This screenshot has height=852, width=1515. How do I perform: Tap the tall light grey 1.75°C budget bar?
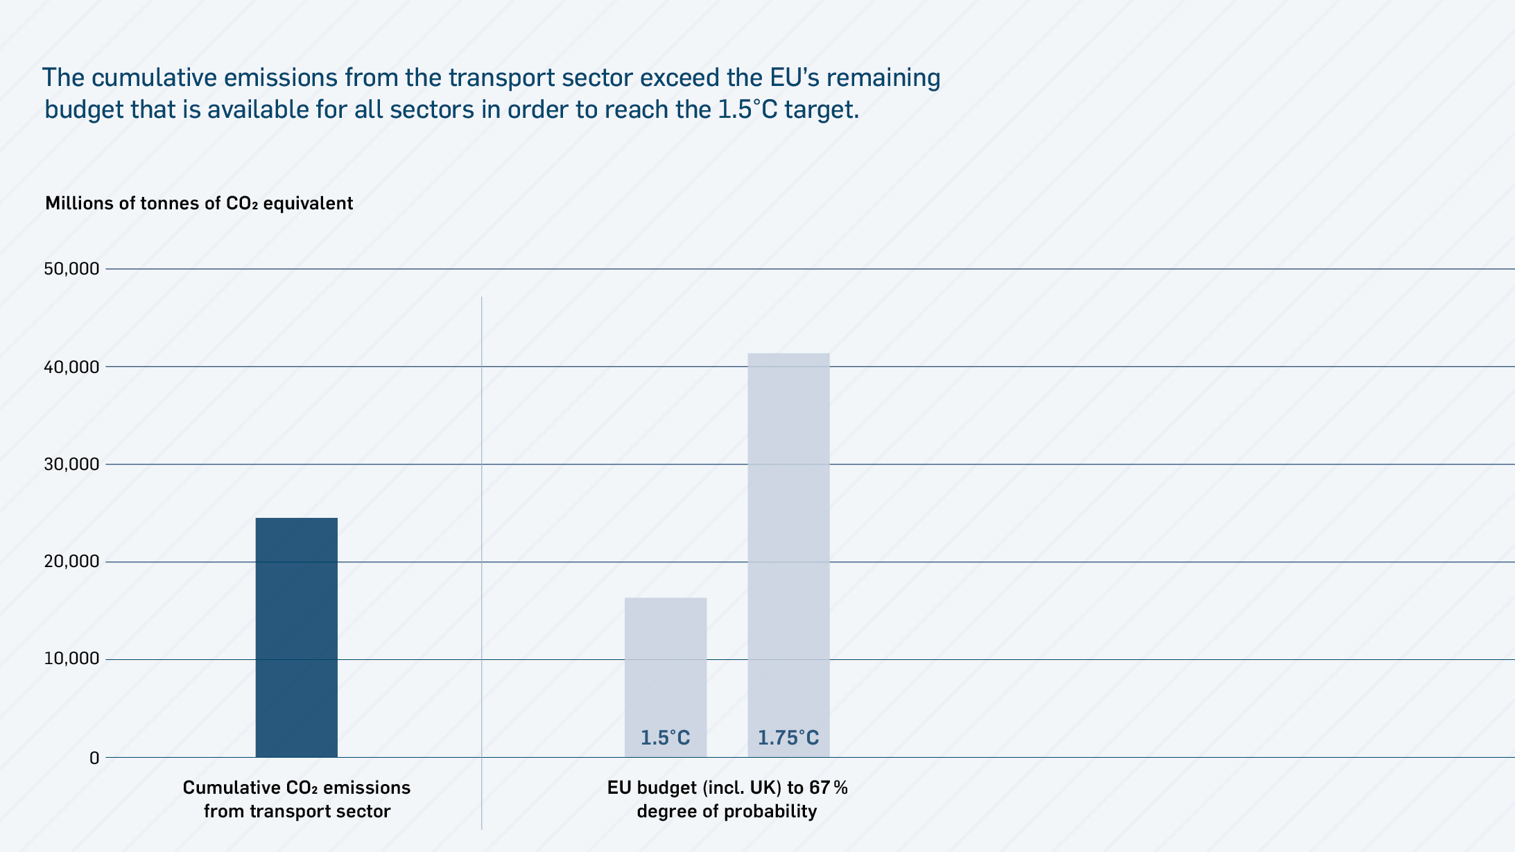[788, 541]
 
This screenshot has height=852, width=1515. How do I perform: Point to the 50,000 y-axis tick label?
[71, 269]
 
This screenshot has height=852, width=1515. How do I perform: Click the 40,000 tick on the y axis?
[71, 367]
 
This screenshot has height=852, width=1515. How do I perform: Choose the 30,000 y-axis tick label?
[71, 464]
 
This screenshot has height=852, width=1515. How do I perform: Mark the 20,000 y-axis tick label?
[71, 562]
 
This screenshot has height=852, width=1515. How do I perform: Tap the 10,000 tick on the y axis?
[71, 659]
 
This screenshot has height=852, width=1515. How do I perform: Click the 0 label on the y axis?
[94, 758]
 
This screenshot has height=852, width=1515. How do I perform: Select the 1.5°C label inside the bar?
[666, 738]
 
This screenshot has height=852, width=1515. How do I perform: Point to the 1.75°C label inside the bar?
[788, 738]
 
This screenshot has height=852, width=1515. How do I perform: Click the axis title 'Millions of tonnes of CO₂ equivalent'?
[199, 203]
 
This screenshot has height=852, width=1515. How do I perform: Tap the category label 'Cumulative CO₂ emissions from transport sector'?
[297, 799]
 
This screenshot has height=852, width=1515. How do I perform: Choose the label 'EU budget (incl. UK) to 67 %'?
[727, 788]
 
